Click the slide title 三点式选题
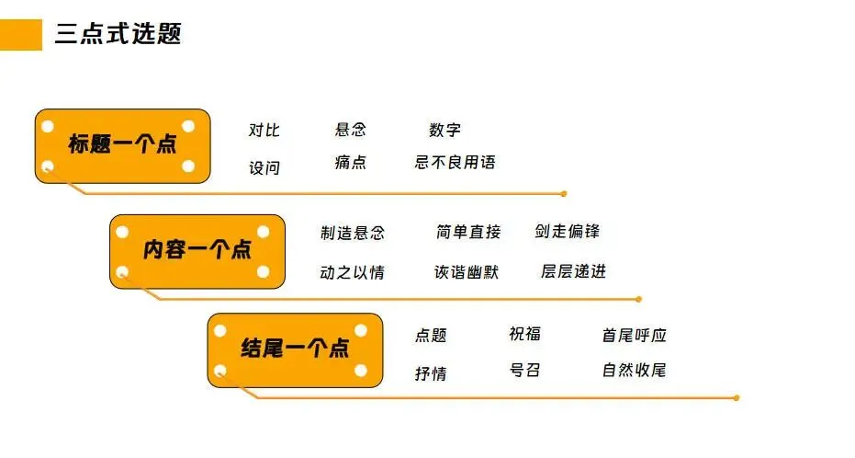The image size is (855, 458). pyautogui.click(x=118, y=35)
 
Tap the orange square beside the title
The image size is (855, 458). pyautogui.click(x=20, y=35)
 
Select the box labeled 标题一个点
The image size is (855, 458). pyautogui.click(x=123, y=145)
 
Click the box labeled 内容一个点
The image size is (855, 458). pyautogui.click(x=197, y=250)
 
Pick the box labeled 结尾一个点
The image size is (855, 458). pyautogui.click(x=295, y=349)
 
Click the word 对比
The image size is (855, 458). pyautogui.click(x=264, y=131)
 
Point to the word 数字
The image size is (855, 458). pyautogui.click(x=444, y=131)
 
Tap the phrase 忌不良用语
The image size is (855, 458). pyautogui.click(x=456, y=163)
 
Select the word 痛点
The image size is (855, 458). pyautogui.click(x=351, y=163)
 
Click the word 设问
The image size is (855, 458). pyautogui.click(x=264, y=168)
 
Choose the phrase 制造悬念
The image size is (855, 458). pyautogui.click(x=353, y=234)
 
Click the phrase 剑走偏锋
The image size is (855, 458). pyautogui.click(x=568, y=232)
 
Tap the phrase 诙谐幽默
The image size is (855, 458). pyautogui.click(x=467, y=272)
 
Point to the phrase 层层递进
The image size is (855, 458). pyautogui.click(x=574, y=271)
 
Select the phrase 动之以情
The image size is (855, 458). pyautogui.click(x=353, y=273)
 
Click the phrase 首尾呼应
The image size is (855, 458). pyautogui.click(x=635, y=336)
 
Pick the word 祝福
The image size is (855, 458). pyautogui.click(x=525, y=334)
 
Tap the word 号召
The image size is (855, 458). pyautogui.click(x=525, y=371)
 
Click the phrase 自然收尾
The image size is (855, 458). pyautogui.click(x=635, y=371)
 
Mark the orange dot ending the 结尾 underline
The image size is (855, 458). pyautogui.click(x=737, y=398)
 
